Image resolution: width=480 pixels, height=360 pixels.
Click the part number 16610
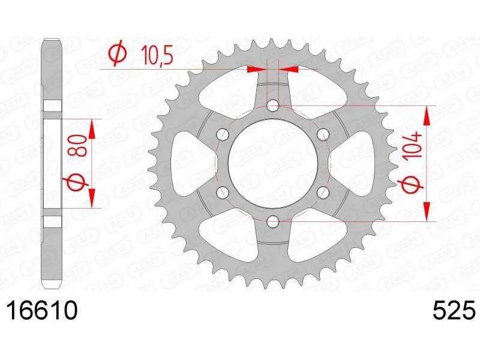[42, 310]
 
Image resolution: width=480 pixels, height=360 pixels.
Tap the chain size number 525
[454, 310]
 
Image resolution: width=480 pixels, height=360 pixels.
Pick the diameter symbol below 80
[76, 182]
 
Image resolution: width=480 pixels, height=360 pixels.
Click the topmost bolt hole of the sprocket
[273, 106]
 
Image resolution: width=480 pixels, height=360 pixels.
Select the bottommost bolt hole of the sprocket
[273, 221]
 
